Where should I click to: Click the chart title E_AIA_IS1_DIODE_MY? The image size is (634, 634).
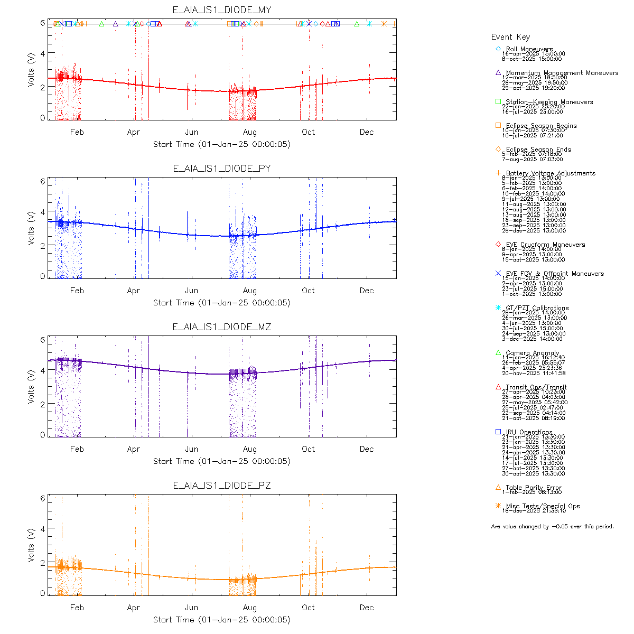tap(222, 10)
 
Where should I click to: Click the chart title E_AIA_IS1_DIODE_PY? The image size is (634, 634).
tap(222, 169)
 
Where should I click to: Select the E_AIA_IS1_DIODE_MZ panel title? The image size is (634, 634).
tap(222, 327)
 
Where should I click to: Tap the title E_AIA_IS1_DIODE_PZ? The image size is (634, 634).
tap(222, 486)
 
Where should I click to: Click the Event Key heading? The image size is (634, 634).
tap(510, 37)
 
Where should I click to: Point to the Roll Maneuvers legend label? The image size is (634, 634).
tap(529, 49)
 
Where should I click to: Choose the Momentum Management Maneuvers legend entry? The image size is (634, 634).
tap(562, 73)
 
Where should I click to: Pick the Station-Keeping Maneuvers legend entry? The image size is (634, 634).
tap(549, 102)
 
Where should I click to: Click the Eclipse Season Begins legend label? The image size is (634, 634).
tap(541, 126)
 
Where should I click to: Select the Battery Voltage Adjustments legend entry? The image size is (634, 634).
tap(551, 173)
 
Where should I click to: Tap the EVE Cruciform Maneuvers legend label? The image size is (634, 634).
tap(545, 245)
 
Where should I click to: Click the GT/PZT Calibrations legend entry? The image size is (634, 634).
tap(537, 308)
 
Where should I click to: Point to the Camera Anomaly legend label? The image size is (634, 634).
tap(532, 353)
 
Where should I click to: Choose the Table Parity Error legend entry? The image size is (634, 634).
tap(534, 488)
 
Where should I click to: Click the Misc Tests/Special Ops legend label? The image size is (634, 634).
tap(543, 506)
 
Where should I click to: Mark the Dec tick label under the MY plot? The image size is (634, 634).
tap(367, 132)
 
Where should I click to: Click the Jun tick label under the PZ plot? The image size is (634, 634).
tap(191, 608)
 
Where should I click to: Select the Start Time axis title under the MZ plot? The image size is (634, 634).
tap(222, 461)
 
